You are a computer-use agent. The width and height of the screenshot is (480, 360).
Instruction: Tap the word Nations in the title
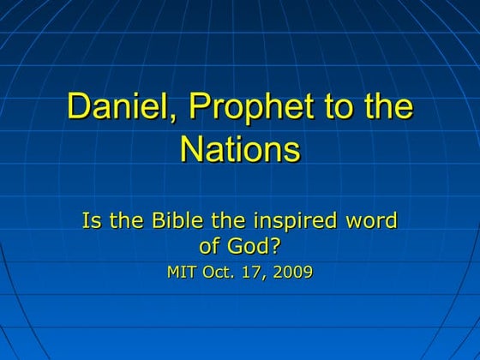pos(240,150)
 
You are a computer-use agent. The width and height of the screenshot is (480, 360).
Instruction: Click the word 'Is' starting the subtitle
pos(91,221)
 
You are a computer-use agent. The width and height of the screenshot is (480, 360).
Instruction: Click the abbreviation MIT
pos(183,273)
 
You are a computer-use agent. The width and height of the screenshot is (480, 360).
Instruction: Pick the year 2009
pos(292,273)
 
